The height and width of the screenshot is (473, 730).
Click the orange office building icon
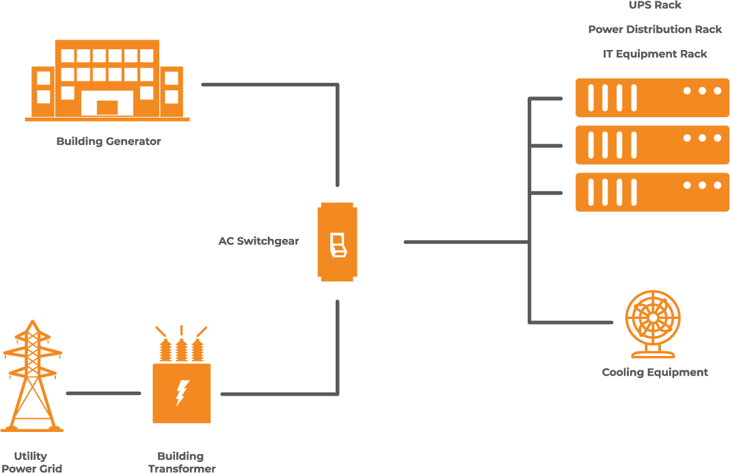coord(107,80)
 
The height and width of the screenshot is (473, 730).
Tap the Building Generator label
coord(109,142)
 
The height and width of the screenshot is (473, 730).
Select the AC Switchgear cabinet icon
coord(337,242)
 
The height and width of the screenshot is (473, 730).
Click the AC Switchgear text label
coord(258,242)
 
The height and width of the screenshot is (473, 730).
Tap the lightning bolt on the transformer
coord(182,392)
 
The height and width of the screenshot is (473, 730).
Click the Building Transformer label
coord(181,462)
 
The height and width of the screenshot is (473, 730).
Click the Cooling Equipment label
coord(655,372)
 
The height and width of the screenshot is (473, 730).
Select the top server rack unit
coord(652,97)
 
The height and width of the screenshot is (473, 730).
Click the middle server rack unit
coord(652,144)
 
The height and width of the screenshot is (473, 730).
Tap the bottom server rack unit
coord(652,192)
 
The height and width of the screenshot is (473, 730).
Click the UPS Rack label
coord(655,5)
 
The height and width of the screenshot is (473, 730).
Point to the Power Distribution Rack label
coord(655,30)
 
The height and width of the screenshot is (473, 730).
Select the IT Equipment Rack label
coord(655,54)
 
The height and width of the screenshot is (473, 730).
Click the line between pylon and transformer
coord(103,394)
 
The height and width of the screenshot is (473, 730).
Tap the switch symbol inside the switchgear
coord(338,244)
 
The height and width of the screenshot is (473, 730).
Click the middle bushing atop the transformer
coord(181,348)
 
